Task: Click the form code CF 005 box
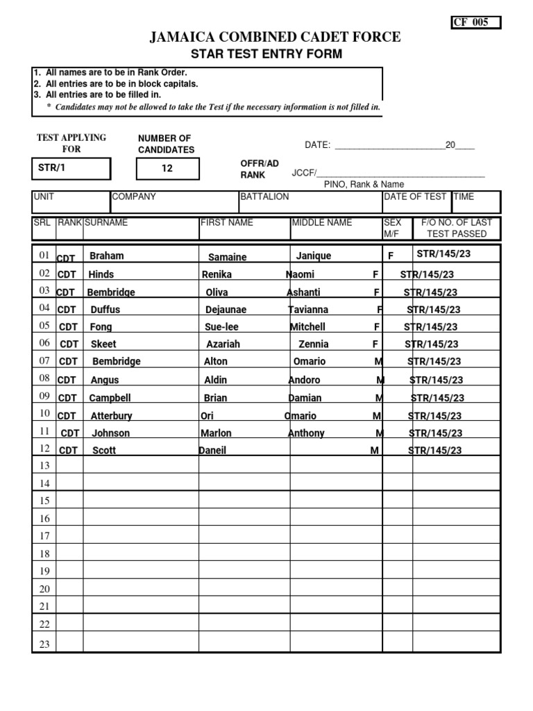pyautogui.click(x=475, y=22)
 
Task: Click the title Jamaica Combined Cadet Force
pyautogui.click(x=276, y=37)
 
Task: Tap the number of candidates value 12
pyautogui.click(x=167, y=168)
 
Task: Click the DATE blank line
pyautogui.click(x=389, y=146)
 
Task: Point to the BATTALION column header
pyautogui.click(x=264, y=196)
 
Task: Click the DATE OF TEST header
pyautogui.click(x=415, y=196)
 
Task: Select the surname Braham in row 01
pyautogui.click(x=107, y=256)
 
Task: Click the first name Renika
pyautogui.click(x=217, y=274)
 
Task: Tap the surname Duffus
pyautogui.click(x=105, y=310)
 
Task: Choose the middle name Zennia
pyautogui.click(x=313, y=344)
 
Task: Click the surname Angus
pyautogui.click(x=105, y=380)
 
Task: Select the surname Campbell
pyautogui.click(x=110, y=398)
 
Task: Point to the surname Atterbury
pyautogui.click(x=111, y=416)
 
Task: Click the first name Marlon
pyautogui.click(x=217, y=433)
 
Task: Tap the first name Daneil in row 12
pyautogui.click(x=212, y=450)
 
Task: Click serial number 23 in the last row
pyautogui.click(x=44, y=644)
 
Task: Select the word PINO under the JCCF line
pyautogui.click(x=335, y=184)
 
